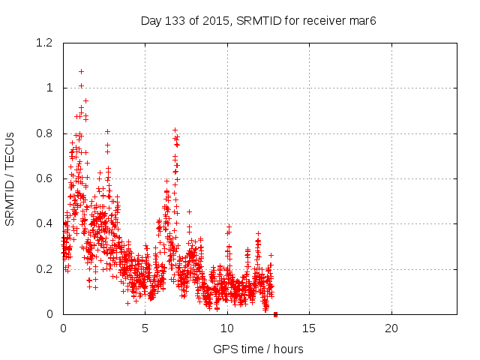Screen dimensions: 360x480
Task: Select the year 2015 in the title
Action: click(x=216, y=20)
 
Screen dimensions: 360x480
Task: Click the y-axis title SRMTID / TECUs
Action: click(x=10, y=178)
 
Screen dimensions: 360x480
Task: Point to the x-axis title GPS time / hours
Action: click(x=258, y=349)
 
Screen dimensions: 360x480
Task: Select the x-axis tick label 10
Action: click(x=227, y=328)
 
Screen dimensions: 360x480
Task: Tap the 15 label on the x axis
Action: click(x=309, y=328)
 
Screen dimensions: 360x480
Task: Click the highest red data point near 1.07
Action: click(x=81, y=71)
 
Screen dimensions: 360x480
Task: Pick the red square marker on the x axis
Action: click(x=275, y=314)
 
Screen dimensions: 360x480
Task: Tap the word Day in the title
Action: click(x=151, y=20)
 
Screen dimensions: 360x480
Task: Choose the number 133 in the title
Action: click(x=177, y=20)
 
